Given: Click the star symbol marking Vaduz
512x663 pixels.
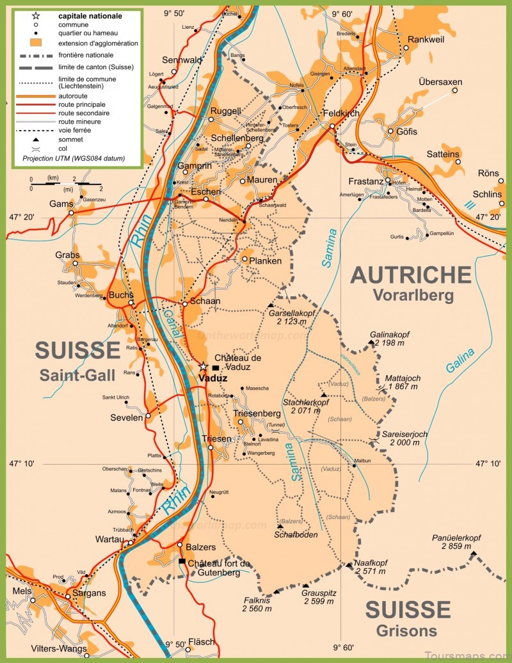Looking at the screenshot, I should (203, 367).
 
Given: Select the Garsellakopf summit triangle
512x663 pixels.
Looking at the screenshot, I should (271, 305).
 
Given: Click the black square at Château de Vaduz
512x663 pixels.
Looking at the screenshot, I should (216, 368).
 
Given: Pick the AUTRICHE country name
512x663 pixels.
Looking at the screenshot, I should (411, 275).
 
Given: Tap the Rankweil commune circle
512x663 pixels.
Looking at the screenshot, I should (406, 47).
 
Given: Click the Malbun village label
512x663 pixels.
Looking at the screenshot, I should (362, 460).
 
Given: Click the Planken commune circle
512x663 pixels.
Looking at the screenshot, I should (244, 259).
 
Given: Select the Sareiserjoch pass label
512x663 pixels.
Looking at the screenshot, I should (405, 438).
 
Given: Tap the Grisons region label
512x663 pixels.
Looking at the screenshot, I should (406, 631).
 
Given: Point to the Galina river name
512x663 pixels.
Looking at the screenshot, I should (460, 361).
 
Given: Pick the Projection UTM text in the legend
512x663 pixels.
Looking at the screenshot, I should (73, 158).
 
